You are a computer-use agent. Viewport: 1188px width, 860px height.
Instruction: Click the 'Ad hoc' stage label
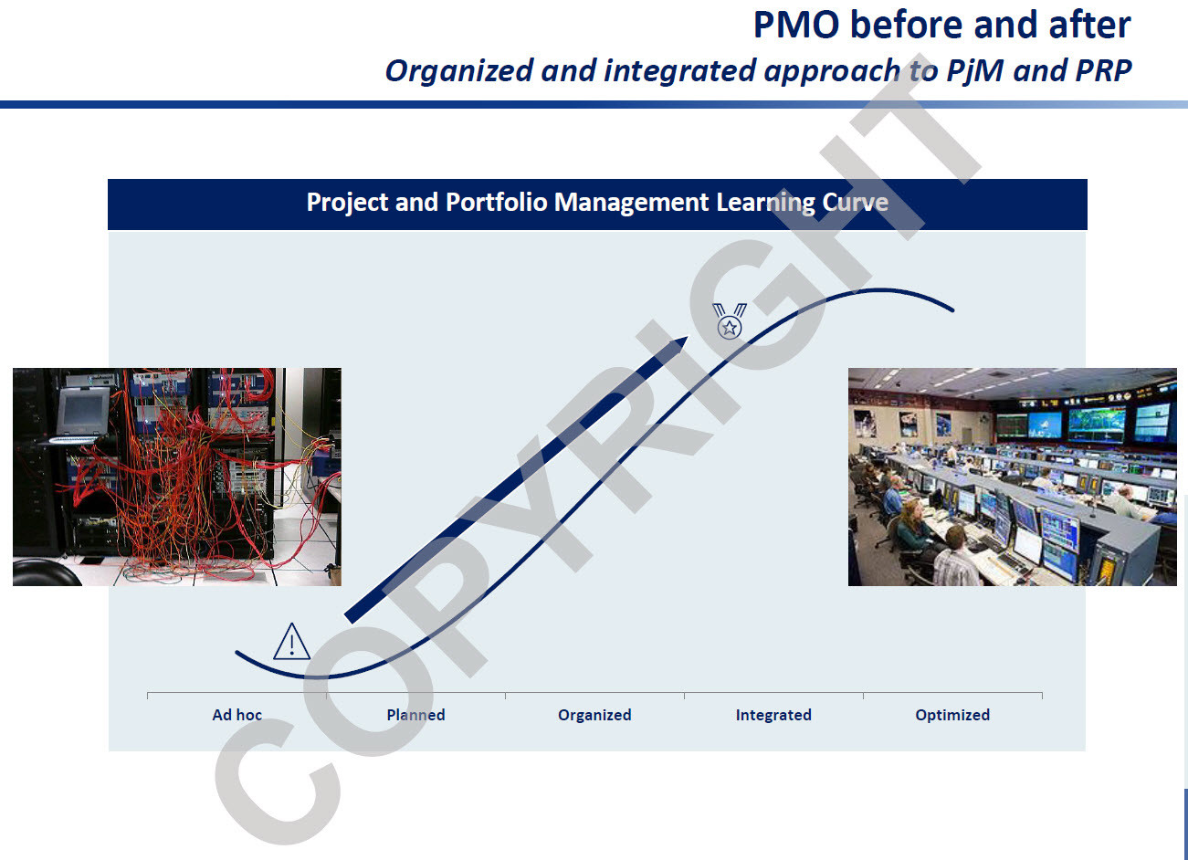click(237, 715)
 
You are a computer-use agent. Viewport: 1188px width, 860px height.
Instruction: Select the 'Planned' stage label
click(415, 715)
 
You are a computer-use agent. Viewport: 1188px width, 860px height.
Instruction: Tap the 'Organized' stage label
click(594, 715)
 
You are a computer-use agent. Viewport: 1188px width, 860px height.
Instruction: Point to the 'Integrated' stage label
click(773, 715)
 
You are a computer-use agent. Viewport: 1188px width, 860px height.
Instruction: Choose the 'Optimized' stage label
click(952, 715)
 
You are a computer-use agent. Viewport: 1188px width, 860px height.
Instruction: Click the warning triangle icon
click(291, 643)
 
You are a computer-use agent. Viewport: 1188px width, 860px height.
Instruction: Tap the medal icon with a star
click(730, 320)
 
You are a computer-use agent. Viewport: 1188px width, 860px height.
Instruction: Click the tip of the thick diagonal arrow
click(688, 337)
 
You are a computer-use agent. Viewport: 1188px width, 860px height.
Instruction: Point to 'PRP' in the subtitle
click(1103, 70)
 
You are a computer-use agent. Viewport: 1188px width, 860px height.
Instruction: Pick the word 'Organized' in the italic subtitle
click(459, 71)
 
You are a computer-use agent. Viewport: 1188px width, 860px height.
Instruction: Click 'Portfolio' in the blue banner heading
click(497, 202)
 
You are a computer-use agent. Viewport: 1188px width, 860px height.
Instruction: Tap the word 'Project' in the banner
click(347, 203)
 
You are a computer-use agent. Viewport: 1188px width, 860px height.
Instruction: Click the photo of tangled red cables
click(177, 477)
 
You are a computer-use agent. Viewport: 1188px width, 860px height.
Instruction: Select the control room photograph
click(1013, 477)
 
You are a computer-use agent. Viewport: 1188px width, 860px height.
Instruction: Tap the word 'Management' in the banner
click(631, 203)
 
